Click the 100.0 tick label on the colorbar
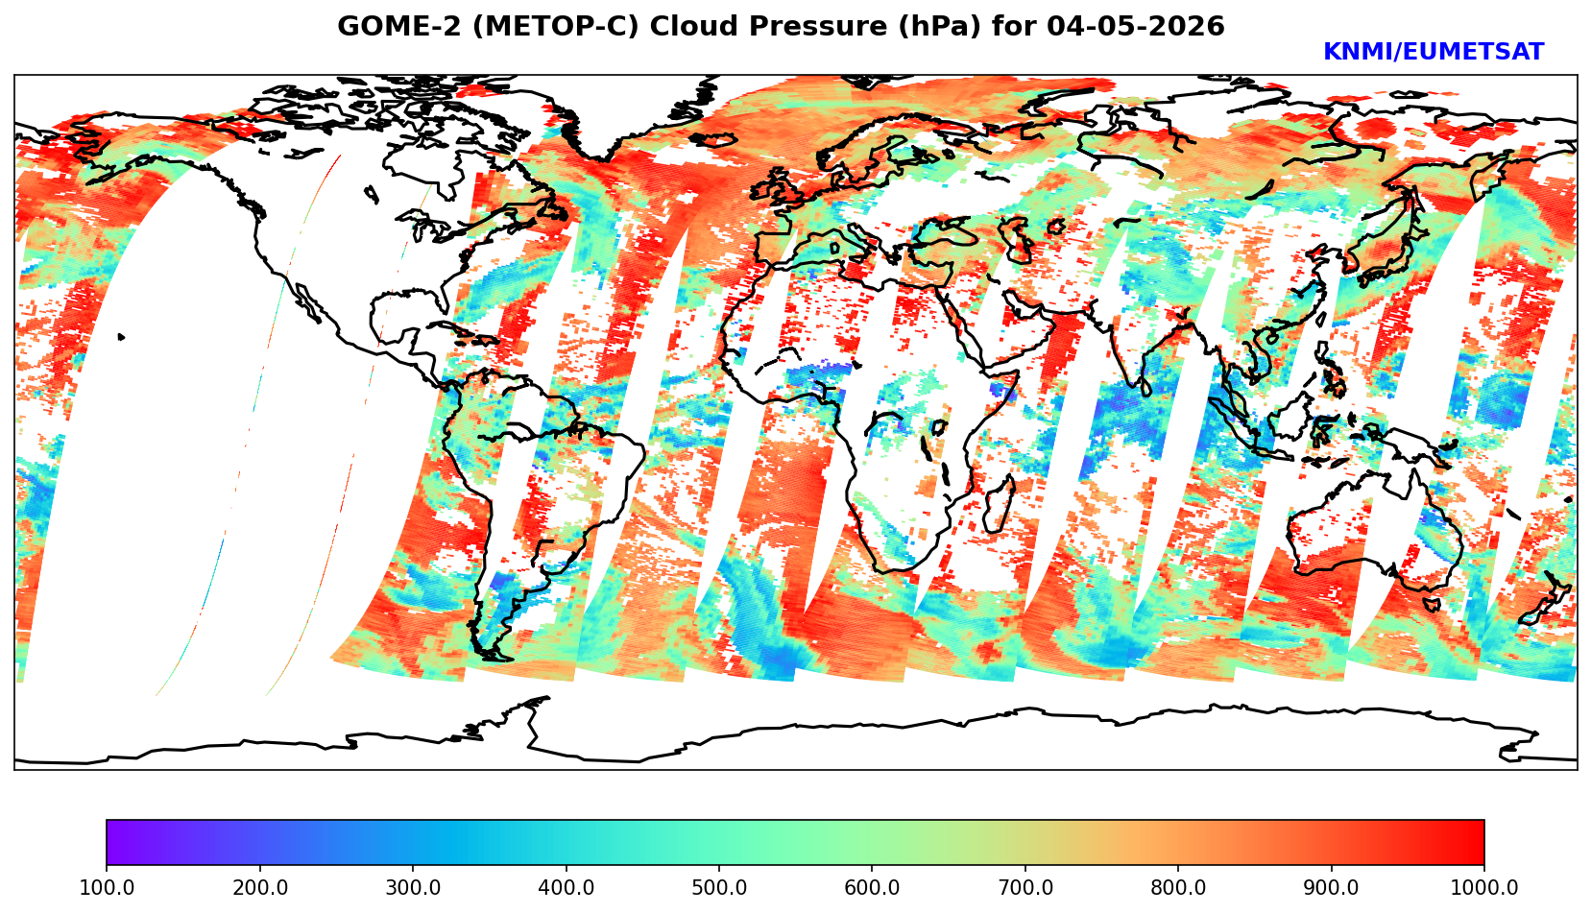(x=107, y=887)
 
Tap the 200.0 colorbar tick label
(x=260, y=887)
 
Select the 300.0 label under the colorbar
(x=413, y=887)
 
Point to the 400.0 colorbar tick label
(x=566, y=887)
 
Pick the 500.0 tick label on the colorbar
(x=719, y=887)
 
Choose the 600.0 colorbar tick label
(x=872, y=887)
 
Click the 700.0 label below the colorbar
(x=1025, y=887)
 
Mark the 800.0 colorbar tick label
(x=1178, y=887)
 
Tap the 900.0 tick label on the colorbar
(x=1331, y=887)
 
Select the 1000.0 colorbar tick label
(x=1484, y=887)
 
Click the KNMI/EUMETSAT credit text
(x=1434, y=52)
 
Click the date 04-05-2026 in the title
(x=1136, y=26)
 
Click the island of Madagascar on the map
(x=999, y=505)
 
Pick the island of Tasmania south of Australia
(x=1431, y=604)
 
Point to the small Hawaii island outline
(x=121, y=337)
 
